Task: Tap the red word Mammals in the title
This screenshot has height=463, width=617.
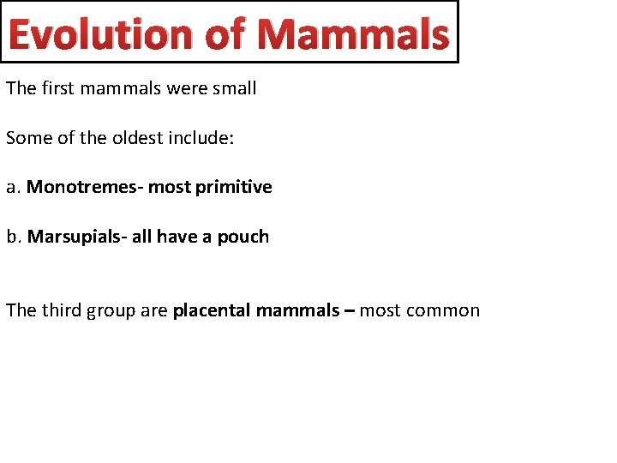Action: [352, 34]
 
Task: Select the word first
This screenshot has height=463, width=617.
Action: [57, 88]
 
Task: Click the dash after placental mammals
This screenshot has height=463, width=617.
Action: [349, 310]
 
